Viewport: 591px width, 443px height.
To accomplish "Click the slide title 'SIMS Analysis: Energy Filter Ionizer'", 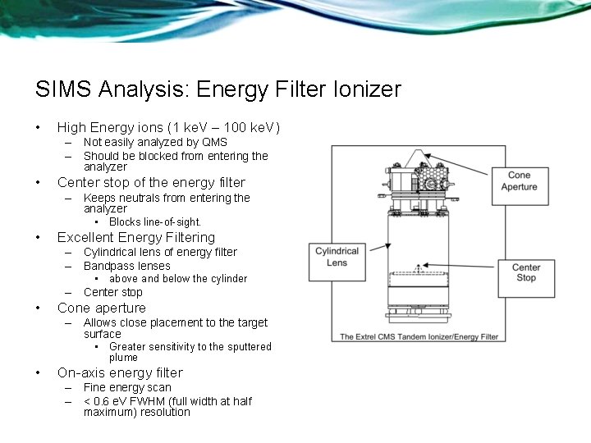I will (218, 89).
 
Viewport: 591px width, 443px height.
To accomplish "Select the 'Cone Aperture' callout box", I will (519, 180).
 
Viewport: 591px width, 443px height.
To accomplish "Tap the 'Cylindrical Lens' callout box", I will (337, 257).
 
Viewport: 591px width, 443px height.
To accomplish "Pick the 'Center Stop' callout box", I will (526, 272).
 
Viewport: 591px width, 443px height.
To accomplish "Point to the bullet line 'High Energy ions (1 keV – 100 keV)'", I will (168, 127).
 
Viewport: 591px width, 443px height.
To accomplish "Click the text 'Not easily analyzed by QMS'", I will (155, 143).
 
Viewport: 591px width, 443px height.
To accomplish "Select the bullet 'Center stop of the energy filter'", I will (151, 182).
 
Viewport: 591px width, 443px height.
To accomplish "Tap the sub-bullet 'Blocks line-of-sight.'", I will (155, 222).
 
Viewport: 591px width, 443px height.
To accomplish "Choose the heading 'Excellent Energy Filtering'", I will (136, 238).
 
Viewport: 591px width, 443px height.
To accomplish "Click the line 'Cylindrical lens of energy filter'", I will (160, 252).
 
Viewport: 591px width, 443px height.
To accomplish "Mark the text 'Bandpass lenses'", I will (127, 266).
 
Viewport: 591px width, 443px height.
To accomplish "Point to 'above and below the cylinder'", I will (178, 279).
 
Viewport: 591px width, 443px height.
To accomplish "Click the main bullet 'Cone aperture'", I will (102, 308).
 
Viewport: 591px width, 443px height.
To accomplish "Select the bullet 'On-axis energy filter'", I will (120, 372).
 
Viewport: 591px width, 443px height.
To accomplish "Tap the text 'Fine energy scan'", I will (127, 387).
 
